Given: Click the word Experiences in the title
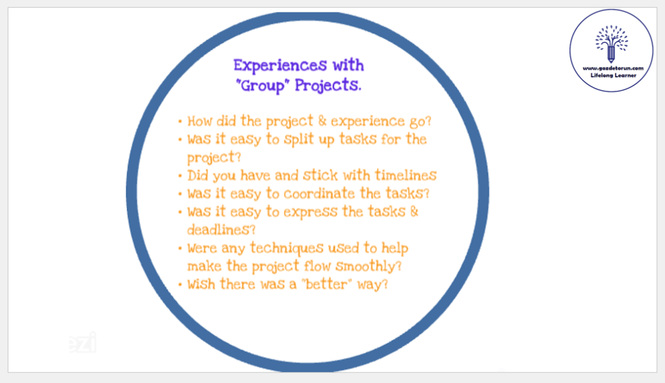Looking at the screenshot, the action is click(x=280, y=66).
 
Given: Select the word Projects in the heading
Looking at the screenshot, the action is click(x=328, y=86).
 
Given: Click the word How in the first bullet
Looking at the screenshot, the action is click(x=200, y=121).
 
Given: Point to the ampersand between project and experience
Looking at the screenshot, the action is click(x=322, y=121).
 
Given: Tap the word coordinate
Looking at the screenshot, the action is click(x=319, y=193).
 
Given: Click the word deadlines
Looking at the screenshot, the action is click(x=222, y=230).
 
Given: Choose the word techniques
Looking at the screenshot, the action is click(x=287, y=249).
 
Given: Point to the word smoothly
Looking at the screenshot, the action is click(x=369, y=267).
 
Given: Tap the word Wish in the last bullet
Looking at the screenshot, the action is click(x=202, y=284).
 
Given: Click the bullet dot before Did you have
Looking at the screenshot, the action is click(x=180, y=176).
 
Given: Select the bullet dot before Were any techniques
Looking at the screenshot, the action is click(x=180, y=249).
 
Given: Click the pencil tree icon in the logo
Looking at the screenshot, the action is click(x=611, y=43).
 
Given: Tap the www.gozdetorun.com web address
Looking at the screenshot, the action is click(x=613, y=68).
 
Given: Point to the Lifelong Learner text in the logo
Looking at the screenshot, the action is click(x=613, y=75).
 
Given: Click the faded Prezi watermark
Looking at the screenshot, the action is click(x=83, y=342).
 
